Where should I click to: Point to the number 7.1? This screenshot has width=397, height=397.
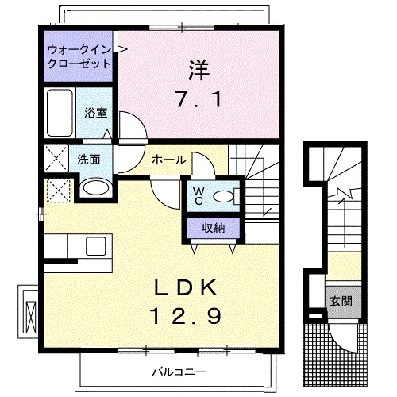[x=198, y=101]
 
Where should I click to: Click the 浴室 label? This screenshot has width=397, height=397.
[x=97, y=113]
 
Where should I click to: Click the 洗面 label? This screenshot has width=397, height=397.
[x=88, y=159]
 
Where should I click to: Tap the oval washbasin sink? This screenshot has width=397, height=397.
[x=95, y=188]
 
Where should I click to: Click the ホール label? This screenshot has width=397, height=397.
[x=170, y=160]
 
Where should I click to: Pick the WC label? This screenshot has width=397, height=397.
[x=197, y=195]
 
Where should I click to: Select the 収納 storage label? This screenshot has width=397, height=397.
[x=212, y=228]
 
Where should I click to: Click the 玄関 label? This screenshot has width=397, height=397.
[x=341, y=302]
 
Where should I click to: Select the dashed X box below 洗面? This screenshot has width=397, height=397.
[x=56, y=189]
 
